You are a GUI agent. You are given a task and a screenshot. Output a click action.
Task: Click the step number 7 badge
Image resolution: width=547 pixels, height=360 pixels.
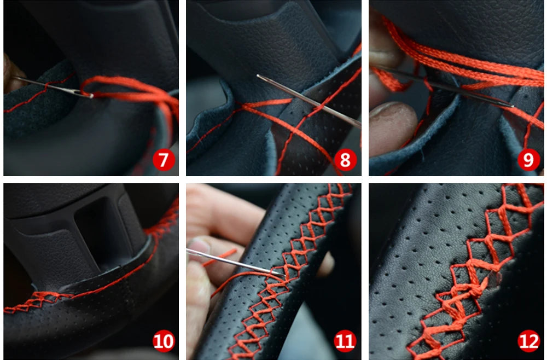[x=164, y=160]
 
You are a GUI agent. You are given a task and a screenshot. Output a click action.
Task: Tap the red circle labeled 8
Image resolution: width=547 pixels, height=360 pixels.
[x=345, y=160]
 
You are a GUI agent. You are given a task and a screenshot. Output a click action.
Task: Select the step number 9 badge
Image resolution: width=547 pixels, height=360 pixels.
[x=528, y=160]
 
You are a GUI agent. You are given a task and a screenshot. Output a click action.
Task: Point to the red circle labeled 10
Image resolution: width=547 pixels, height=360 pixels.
[x=164, y=341]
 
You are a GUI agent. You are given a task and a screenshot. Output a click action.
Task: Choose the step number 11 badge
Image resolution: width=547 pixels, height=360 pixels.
[x=345, y=341]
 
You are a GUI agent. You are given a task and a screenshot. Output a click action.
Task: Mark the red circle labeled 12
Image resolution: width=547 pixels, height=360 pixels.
[x=528, y=341]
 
